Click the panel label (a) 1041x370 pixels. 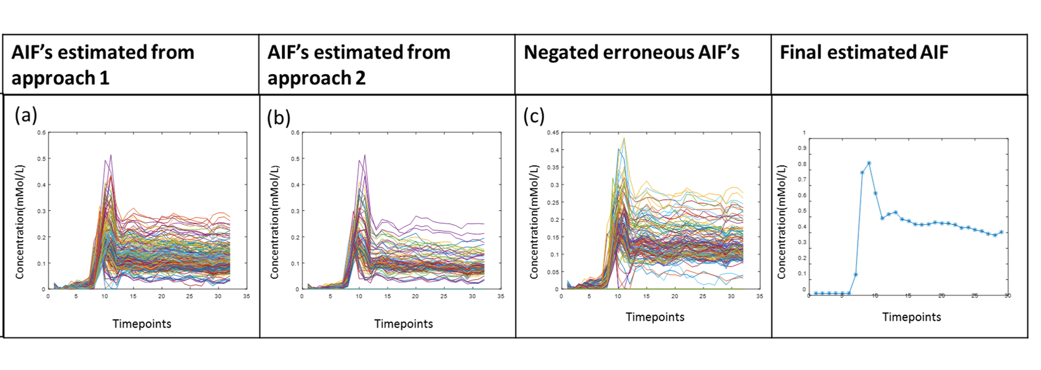pos(26,115)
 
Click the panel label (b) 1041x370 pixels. pos(279,118)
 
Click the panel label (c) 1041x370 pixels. pos(534,116)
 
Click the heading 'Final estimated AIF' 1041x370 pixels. pos(864,52)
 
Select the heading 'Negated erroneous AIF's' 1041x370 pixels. pos(631,52)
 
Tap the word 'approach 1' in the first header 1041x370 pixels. pos(60,78)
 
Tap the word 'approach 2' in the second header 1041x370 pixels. pos(316,78)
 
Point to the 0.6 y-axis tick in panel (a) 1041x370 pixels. pos(42,132)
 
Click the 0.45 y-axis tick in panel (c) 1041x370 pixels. pos(553,132)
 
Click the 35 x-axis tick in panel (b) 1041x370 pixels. pos(501,296)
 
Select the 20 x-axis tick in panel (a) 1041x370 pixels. pos(161,296)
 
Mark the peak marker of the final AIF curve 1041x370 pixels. pos(869,163)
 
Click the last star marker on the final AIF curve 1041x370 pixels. pos(1001,232)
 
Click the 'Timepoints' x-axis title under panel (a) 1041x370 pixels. pos(142,324)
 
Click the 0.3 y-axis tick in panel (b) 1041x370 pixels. pos(296,211)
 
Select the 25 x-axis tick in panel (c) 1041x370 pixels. pos(703,296)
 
